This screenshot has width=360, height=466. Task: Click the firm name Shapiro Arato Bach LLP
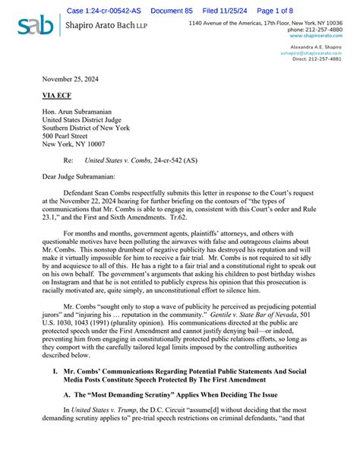tap(107, 26)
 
